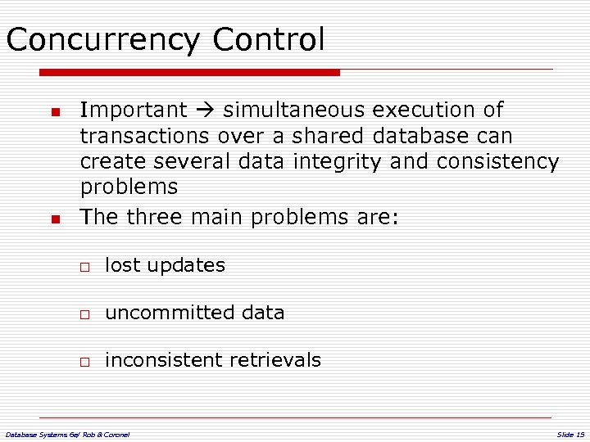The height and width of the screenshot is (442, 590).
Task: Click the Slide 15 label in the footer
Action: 570,434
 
